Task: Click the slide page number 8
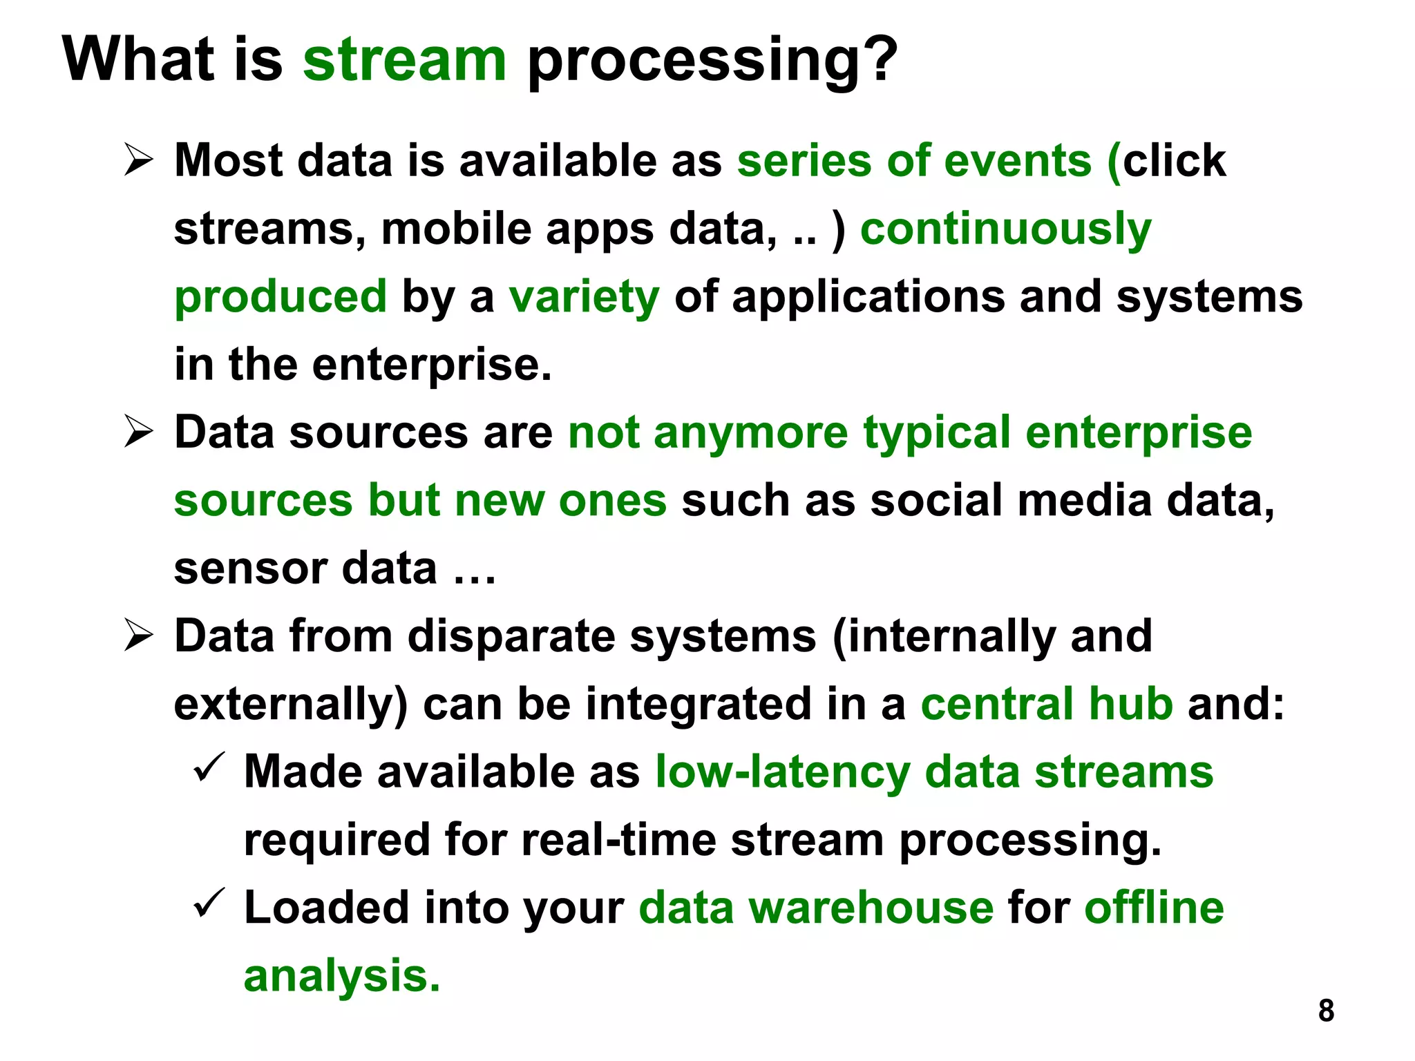pos(1326,1011)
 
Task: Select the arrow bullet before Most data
pos(139,160)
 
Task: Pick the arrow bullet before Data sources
pos(139,432)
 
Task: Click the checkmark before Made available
pos(208,768)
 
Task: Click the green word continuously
pos(1006,229)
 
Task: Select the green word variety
pos(585,297)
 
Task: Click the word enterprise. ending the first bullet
pos(432,365)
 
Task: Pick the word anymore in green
pos(750,433)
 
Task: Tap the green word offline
pos(1154,908)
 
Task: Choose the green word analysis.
pos(341,976)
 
